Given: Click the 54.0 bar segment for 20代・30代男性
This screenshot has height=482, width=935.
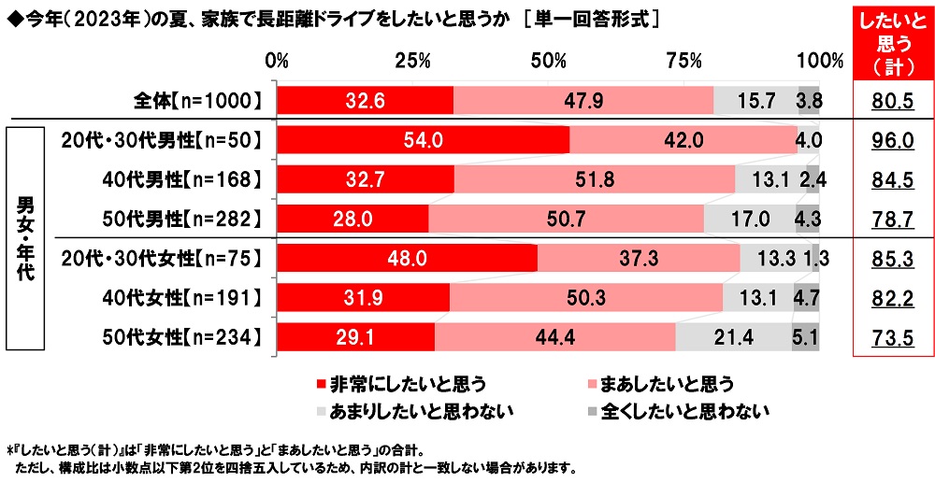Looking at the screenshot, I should point(424,139).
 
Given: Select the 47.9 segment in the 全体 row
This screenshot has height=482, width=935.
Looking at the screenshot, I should point(583,99).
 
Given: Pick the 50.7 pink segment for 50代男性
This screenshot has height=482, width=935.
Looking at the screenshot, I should point(566,218).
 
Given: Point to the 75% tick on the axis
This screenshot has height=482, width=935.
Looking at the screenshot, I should point(684,61).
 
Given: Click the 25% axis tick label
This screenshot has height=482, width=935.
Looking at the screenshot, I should point(412,61).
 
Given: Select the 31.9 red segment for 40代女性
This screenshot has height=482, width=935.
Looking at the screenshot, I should point(364,297).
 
